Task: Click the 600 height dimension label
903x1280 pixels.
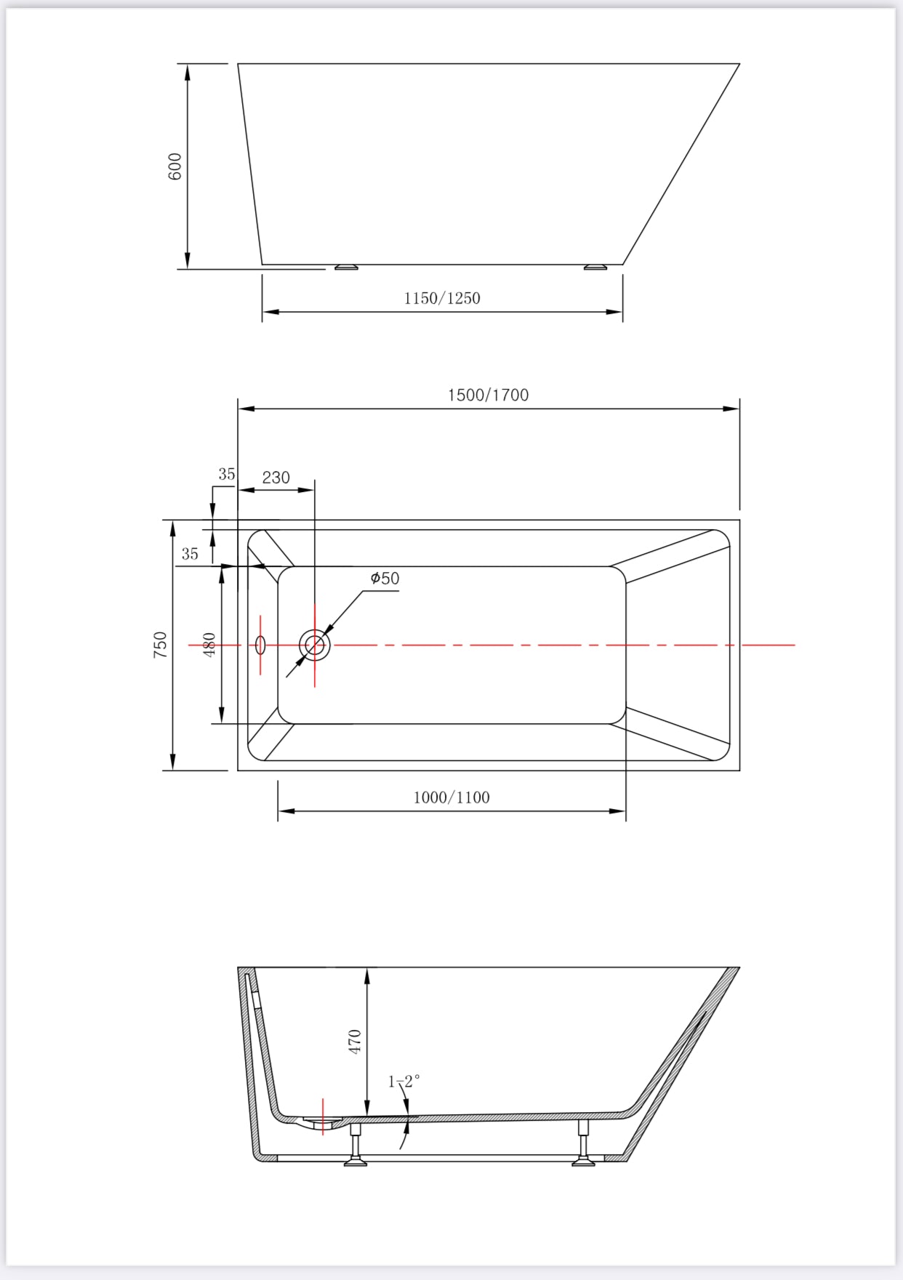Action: pyautogui.click(x=175, y=166)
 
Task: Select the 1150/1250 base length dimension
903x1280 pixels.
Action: pyautogui.click(x=442, y=298)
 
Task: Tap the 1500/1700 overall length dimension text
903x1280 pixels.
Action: pyautogui.click(x=488, y=395)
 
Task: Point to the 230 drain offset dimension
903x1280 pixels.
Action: pyautogui.click(x=276, y=478)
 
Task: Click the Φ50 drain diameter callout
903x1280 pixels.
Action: pyautogui.click(x=385, y=578)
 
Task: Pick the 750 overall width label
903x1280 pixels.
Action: pyautogui.click(x=160, y=645)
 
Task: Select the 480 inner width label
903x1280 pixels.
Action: pyautogui.click(x=209, y=645)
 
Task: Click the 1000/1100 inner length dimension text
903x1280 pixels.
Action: pyautogui.click(x=451, y=797)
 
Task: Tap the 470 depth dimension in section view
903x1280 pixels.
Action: pyautogui.click(x=355, y=1042)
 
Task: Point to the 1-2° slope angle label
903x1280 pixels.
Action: pyautogui.click(x=404, y=1082)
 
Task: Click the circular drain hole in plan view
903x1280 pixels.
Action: pyautogui.click(x=315, y=645)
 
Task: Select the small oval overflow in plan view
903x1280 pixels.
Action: pyautogui.click(x=260, y=645)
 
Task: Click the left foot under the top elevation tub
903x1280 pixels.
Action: pyautogui.click(x=346, y=267)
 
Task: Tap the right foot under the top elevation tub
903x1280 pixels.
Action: pyautogui.click(x=595, y=267)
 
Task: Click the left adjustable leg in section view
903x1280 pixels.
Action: pyautogui.click(x=356, y=1146)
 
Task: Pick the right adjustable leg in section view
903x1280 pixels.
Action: pyautogui.click(x=583, y=1144)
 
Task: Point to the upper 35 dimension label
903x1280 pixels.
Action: pyautogui.click(x=227, y=474)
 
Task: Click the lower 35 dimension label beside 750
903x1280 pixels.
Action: pyautogui.click(x=190, y=554)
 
